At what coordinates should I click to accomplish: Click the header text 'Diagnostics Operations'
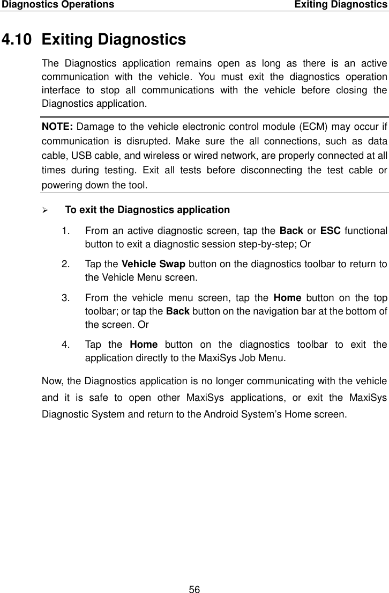coord(57,5)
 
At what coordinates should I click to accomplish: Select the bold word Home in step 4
coord(143,344)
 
